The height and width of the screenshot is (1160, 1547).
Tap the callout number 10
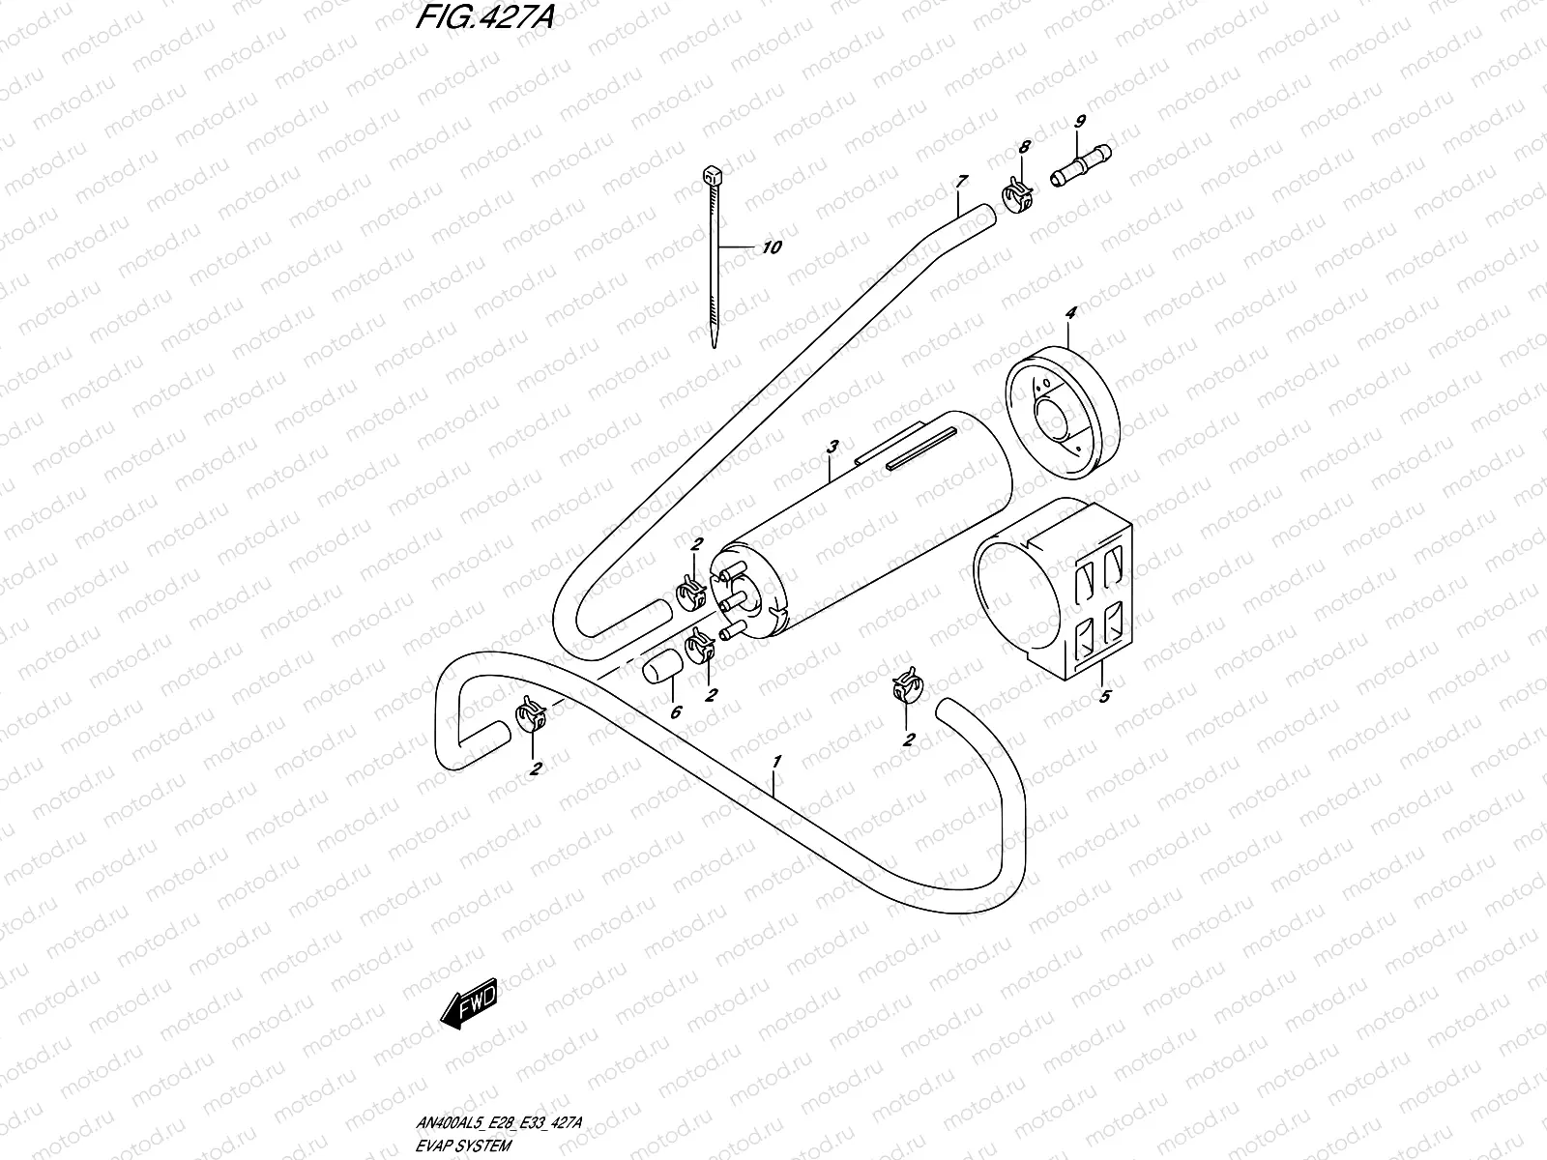(x=771, y=247)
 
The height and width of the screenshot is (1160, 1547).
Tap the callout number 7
(x=961, y=181)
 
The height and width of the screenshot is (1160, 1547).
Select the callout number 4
(x=1070, y=312)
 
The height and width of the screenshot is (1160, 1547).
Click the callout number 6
(x=676, y=712)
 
